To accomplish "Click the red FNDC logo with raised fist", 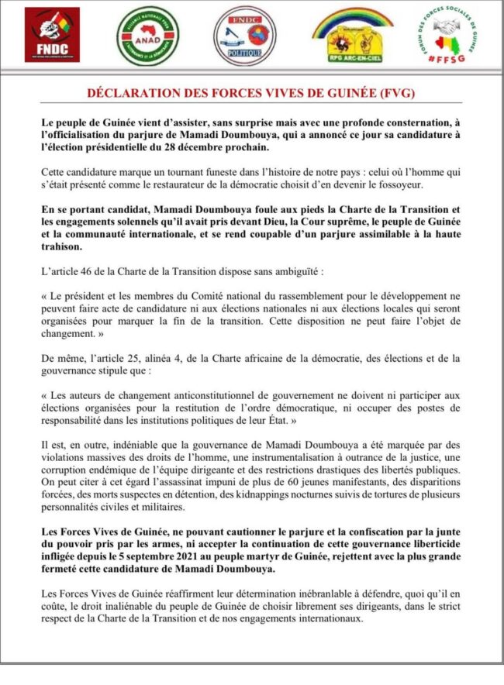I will point(52,34).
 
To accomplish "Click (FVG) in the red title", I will point(394,94).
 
